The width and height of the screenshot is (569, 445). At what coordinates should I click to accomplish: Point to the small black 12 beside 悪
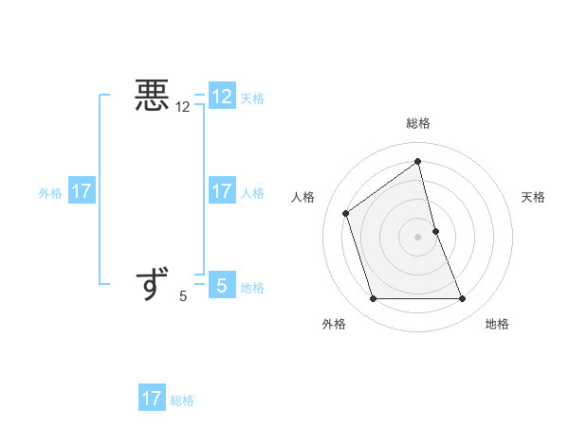tap(183, 108)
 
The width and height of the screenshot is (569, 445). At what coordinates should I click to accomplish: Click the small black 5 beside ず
tap(183, 297)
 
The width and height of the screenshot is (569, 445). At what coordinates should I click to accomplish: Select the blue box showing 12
tap(221, 97)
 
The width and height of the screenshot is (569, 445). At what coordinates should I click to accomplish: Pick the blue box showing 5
tap(221, 285)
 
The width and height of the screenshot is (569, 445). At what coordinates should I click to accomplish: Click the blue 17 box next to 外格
tap(82, 191)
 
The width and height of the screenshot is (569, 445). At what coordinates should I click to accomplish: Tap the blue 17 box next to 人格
tap(221, 191)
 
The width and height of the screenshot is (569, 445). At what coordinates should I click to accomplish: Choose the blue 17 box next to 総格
tap(152, 399)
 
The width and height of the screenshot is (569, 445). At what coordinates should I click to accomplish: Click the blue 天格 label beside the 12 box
tap(252, 98)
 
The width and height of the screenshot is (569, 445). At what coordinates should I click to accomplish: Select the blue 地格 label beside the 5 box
tap(252, 288)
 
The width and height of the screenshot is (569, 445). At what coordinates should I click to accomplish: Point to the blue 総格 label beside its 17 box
tap(182, 400)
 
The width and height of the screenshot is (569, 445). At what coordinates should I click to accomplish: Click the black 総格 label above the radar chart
tap(417, 123)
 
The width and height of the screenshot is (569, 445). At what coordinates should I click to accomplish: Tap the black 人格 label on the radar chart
tap(303, 197)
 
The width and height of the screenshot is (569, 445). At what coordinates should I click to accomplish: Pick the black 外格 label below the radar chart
tap(334, 324)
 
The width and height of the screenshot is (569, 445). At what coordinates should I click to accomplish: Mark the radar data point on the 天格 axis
tap(435, 231)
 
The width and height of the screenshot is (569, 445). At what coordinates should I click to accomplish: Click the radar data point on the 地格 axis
tap(462, 299)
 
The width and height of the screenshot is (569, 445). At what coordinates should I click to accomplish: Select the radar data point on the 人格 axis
tap(346, 213)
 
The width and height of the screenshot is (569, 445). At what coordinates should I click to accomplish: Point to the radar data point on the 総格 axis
tap(417, 161)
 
